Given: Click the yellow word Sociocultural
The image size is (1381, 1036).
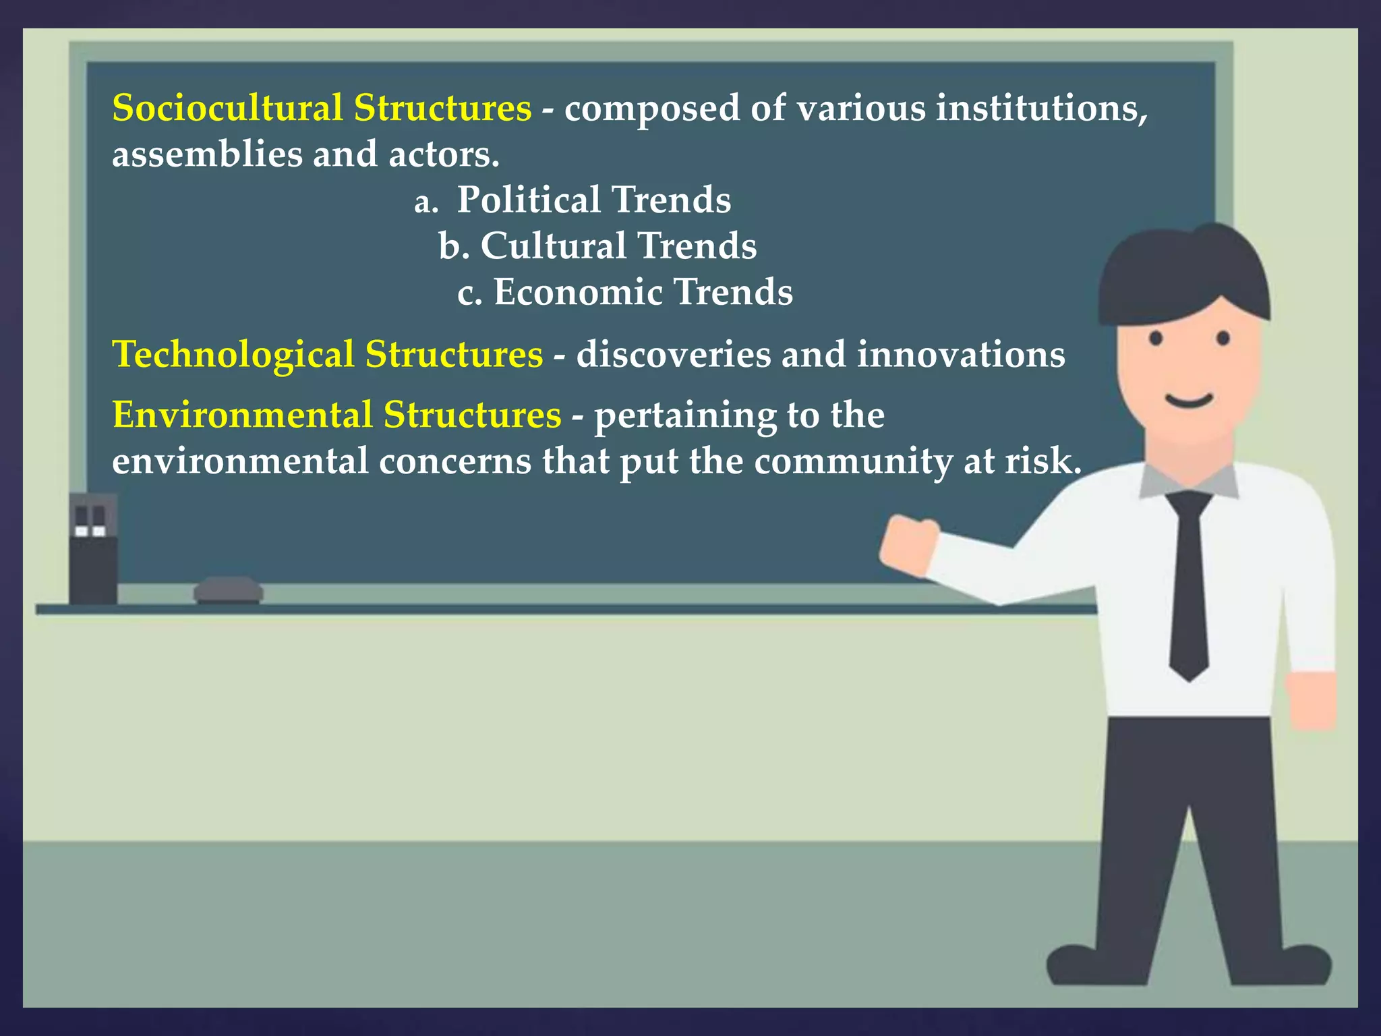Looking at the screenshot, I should pos(227,108).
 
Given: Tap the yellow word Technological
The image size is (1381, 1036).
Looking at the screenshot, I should pos(233,355).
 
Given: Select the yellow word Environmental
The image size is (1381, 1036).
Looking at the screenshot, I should pos(242,415).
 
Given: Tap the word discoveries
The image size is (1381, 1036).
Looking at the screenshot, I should pos(673,355).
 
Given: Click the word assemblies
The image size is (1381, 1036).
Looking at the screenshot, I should pos(207,154).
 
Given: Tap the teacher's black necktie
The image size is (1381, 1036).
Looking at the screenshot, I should pos(1188,580).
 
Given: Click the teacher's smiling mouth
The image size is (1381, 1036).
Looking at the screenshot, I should pos(1189,402).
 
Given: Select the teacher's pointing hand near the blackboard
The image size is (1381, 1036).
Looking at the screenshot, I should pos(908,544).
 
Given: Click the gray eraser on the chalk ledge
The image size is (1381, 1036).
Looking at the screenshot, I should pos(228,590).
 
